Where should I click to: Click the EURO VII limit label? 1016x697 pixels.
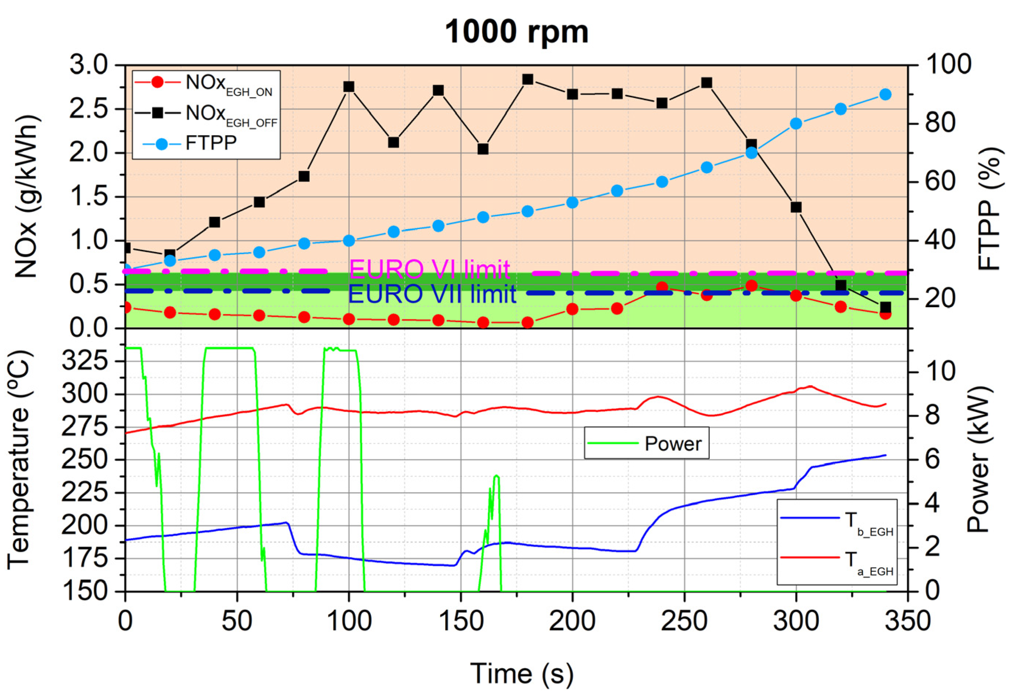point(432,294)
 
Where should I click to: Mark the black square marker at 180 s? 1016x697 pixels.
point(528,79)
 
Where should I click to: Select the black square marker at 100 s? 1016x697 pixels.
point(348,87)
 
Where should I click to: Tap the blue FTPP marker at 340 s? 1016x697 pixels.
point(885,95)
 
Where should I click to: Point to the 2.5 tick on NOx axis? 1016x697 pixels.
point(89,109)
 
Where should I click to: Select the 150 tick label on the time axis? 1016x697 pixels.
point(460,621)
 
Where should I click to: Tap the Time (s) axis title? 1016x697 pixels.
point(521,673)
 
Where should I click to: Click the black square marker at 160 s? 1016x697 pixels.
point(483,149)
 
